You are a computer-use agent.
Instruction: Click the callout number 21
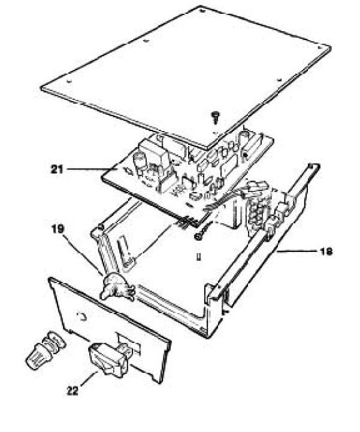pyautogui.click(x=57, y=169)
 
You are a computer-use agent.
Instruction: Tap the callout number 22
pyautogui.click(x=72, y=391)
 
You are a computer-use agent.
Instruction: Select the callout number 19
pyautogui.click(x=58, y=229)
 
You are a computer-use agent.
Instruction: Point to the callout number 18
pyautogui.click(x=326, y=251)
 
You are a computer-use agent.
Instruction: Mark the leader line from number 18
pyautogui.click(x=296, y=251)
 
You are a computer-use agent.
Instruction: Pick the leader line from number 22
pyautogui.click(x=89, y=379)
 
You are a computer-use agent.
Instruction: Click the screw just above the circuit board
pyautogui.click(x=215, y=117)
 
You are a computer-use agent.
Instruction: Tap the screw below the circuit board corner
pyautogui.click(x=201, y=233)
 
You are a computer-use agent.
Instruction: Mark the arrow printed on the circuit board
pyautogui.click(x=129, y=172)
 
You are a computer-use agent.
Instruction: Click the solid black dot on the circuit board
pyautogui.click(x=244, y=155)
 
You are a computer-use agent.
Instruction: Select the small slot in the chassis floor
pyautogui.click(x=198, y=257)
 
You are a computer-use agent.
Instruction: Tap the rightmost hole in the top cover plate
pyautogui.click(x=320, y=47)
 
